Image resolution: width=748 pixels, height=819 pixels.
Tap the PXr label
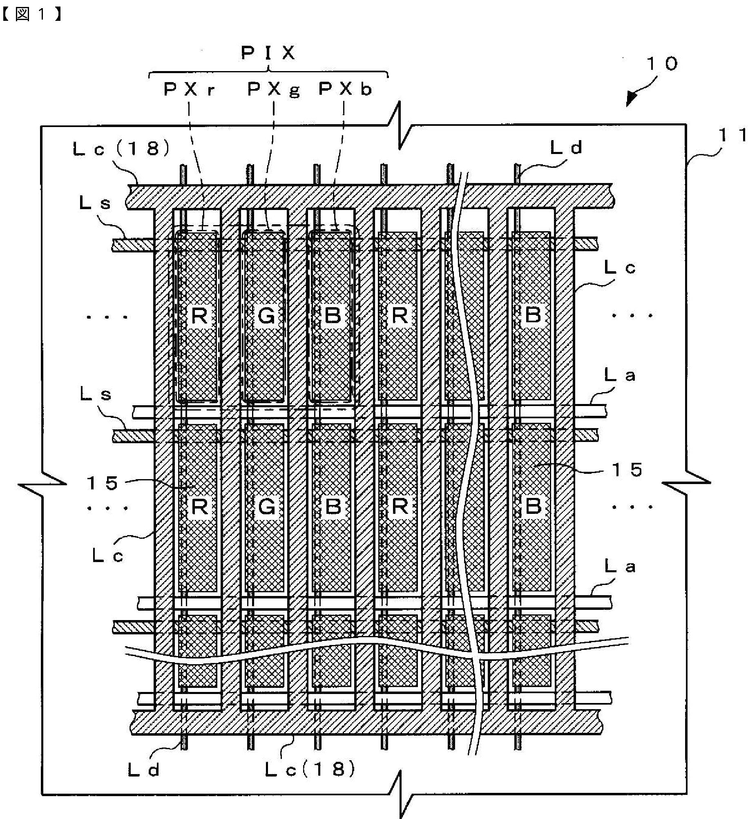click(189, 89)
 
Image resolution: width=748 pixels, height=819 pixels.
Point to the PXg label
click(273, 89)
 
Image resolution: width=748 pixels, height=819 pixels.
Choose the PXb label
click(345, 89)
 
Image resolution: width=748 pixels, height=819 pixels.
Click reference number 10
click(662, 63)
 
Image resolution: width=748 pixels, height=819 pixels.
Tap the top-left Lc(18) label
click(121, 149)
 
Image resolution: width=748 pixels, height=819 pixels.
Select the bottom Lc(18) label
click(310, 770)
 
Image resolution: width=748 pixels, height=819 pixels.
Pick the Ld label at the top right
click(566, 148)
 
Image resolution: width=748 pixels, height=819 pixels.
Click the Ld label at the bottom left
click(143, 770)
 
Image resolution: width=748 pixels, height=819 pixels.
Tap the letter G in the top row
click(266, 316)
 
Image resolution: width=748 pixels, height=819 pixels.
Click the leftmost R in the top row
click(199, 316)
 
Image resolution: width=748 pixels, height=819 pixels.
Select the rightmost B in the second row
click(533, 507)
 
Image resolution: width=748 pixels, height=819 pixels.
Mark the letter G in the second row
click(266, 507)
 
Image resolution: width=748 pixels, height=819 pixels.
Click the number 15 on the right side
click(627, 470)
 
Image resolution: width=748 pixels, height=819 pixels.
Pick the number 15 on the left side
click(103, 483)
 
